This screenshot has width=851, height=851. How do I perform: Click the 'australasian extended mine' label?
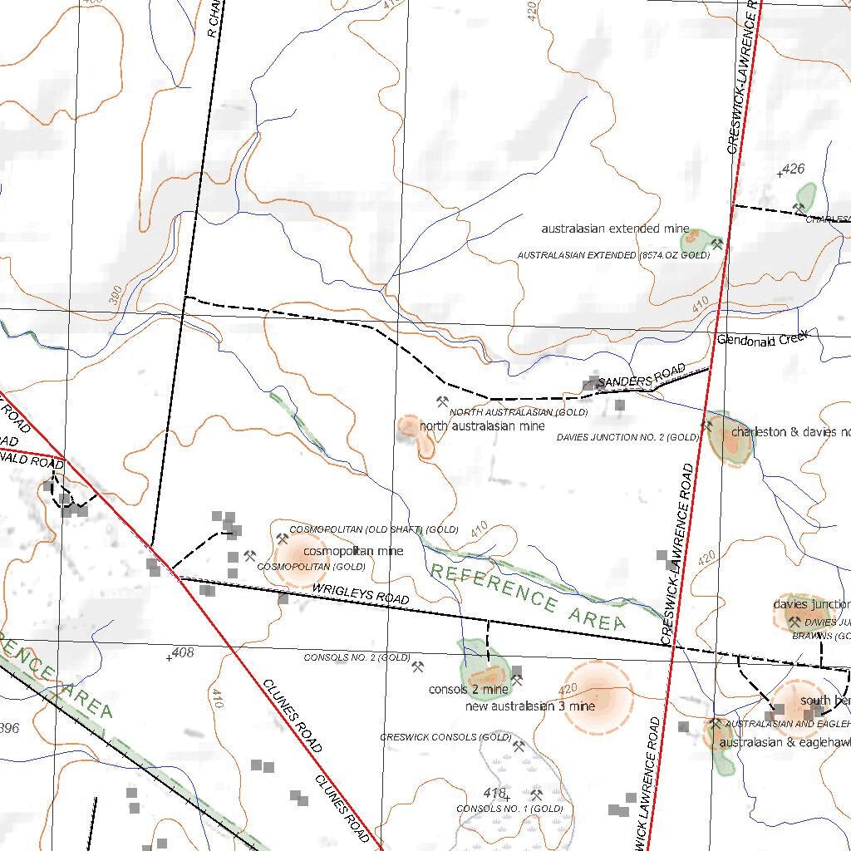(615, 229)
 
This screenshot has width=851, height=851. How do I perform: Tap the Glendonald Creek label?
(764, 339)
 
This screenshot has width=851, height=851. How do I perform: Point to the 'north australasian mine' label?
(482, 426)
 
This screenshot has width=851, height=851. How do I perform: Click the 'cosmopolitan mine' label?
(353, 551)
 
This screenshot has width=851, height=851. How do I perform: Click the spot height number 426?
(794, 169)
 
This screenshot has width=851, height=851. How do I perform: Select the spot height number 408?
(182, 652)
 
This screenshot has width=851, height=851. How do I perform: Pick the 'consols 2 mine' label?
(468, 690)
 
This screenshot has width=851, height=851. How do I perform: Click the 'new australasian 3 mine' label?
(530, 706)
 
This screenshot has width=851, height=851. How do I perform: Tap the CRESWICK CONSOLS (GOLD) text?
(445, 737)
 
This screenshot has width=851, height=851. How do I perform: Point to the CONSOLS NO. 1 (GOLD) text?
(509, 809)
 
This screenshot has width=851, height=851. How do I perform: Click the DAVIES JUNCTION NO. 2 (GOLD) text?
(628, 437)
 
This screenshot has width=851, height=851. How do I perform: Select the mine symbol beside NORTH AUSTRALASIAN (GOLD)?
(441, 402)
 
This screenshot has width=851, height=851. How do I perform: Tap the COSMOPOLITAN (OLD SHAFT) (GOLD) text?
(374, 529)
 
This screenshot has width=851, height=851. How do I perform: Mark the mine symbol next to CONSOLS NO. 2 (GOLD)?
(418, 666)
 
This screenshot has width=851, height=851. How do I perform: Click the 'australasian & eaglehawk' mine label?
(785, 742)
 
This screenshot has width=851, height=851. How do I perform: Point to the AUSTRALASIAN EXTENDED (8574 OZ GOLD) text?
(613, 256)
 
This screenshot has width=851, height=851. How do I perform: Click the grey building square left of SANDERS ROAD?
(591, 383)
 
